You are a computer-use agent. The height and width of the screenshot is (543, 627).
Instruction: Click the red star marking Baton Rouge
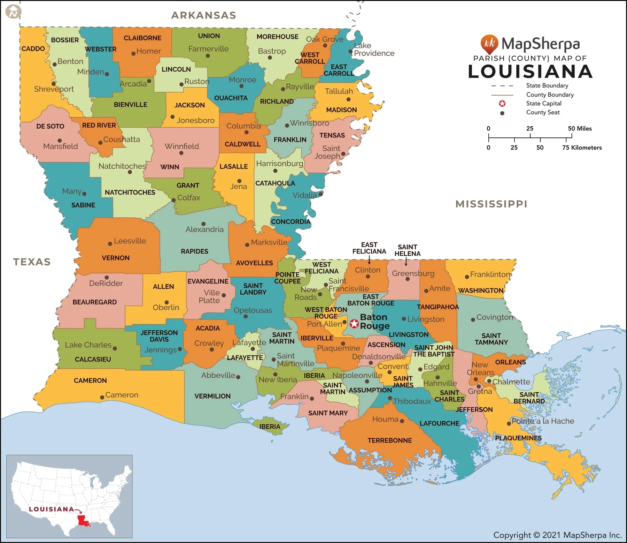click(354, 324)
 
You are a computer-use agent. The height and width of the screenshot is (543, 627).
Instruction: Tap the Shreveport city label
click(54, 89)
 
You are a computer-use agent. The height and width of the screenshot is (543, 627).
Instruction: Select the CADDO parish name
click(33, 49)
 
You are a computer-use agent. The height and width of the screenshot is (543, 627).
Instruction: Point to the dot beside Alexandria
click(203, 224)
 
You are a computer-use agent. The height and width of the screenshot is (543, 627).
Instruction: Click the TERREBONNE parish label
click(389, 440)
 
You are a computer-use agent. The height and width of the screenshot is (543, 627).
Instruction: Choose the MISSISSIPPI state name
click(491, 204)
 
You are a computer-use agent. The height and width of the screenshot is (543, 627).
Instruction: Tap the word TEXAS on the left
click(32, 262)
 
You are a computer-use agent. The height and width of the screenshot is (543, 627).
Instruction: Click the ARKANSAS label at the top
click(204, 15)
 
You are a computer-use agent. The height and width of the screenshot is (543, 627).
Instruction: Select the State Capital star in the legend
click(502, 104)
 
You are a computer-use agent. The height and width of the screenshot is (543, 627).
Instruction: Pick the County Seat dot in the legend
click(502, 113)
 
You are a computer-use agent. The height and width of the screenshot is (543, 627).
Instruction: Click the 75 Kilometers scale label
click(582, 148)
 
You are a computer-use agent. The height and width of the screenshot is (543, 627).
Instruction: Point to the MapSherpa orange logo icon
click(489, 44)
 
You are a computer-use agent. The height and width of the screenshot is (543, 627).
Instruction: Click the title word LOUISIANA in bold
click(530, 72)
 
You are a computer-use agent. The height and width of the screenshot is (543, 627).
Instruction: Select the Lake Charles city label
click(88, 345)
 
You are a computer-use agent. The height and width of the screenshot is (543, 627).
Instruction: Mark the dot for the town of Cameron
click(102, 397)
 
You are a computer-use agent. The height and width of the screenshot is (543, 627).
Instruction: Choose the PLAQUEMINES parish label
click(518, 438)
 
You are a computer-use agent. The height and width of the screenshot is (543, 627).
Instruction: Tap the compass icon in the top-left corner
click(14, 13)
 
